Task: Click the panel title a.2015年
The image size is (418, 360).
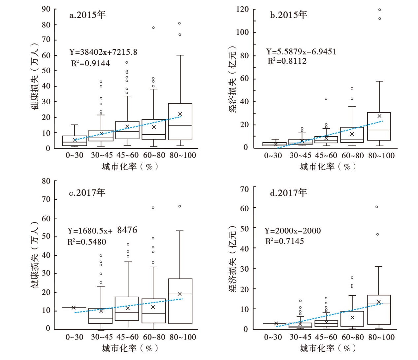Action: [x=87, y=15]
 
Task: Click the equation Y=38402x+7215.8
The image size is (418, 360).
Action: [x=103, y=52]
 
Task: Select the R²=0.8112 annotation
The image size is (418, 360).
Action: [x=287, y=61]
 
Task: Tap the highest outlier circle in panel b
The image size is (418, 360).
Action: [x=380, y=10]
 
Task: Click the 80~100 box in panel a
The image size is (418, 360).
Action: [x=180, y=121]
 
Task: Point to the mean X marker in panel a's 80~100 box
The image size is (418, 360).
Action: [x=180, y=114]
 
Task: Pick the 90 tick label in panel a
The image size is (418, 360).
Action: [x=46, y=9]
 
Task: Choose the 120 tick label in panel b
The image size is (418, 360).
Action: [x=242, y=10]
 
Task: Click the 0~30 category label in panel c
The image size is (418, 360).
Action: [x=74, y=337]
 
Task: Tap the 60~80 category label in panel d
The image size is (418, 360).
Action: [x=352, y=337]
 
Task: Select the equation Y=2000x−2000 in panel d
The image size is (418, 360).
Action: [x=292, y=231]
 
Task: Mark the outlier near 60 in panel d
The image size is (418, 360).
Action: [x=377, y=207]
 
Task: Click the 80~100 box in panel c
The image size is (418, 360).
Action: [x=180, y=301]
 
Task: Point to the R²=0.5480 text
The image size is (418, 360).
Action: [x=87, y=242]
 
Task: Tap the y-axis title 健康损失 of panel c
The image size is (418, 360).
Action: [x=35, y=257]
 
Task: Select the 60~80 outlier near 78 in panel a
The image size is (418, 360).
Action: [x=153, y=28]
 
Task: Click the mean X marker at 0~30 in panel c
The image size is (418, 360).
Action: [x=74, y=308]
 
